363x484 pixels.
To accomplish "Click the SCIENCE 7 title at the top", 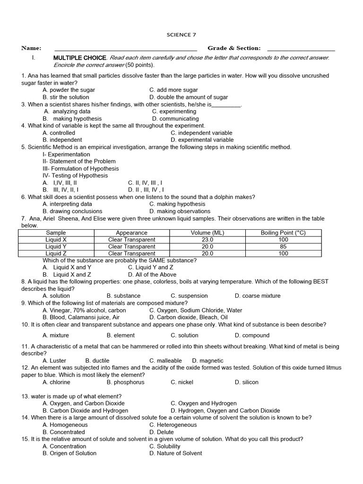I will (181, 35).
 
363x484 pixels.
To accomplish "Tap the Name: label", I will (31, 48).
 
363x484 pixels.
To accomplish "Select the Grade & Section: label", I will (234, 48).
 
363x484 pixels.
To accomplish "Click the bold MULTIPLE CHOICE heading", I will (79, 58).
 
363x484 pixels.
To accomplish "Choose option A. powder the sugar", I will (69, 90).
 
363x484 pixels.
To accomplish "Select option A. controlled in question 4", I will (59, 133).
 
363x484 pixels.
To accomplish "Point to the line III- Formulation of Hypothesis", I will (80, 168).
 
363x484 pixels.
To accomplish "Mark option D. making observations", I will (180, 211).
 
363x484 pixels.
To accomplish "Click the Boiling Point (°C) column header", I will (283, 233).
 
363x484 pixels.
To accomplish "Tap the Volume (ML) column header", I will (207, 233).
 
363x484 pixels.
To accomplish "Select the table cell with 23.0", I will (207, 240).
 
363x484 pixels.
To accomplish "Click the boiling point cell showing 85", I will (283, 246).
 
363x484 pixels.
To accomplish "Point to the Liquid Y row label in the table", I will (56, 246).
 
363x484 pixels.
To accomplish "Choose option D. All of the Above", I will (152, 275).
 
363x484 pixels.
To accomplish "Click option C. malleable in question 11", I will (165, 361).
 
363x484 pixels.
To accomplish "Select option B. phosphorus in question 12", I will (125, 382).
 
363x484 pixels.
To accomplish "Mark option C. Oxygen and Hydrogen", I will (204, 403).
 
